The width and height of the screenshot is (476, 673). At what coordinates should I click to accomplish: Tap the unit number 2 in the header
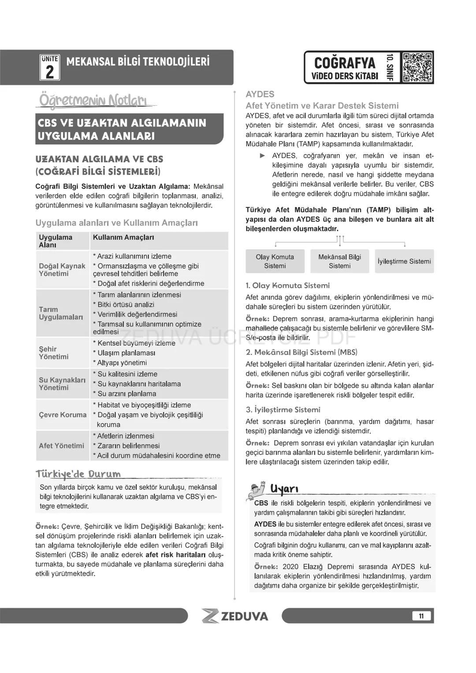[49, 71]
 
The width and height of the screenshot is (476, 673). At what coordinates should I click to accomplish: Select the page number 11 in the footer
[421, 616]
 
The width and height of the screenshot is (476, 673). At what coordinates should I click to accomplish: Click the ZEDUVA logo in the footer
[235, 616]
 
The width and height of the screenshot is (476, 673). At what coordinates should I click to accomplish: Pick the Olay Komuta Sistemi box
[275, 261]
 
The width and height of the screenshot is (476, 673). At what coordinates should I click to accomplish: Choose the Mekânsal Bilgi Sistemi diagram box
[339, 261]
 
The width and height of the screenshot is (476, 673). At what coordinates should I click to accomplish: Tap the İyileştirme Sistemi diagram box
[404, 261]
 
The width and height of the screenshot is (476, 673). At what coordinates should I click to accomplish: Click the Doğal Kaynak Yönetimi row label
[62, 270]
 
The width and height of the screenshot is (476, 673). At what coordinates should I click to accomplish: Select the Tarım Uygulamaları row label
[61, 313]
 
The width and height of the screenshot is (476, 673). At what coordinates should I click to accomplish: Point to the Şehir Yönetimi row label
[54, 353]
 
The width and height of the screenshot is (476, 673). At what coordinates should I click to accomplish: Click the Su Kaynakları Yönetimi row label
[62, 383]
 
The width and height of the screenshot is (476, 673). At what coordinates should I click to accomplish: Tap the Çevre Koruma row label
[63, 415]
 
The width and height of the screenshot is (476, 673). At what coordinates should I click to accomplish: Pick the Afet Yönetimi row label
[61, 446]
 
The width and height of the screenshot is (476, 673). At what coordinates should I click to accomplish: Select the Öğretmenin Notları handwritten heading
[93, 100]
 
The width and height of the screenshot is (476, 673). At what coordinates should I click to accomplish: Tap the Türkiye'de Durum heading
[78, 474]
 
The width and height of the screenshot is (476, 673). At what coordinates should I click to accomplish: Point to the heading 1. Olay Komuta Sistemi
[287, 286]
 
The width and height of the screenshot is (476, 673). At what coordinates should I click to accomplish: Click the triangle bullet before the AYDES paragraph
[263, 156]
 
